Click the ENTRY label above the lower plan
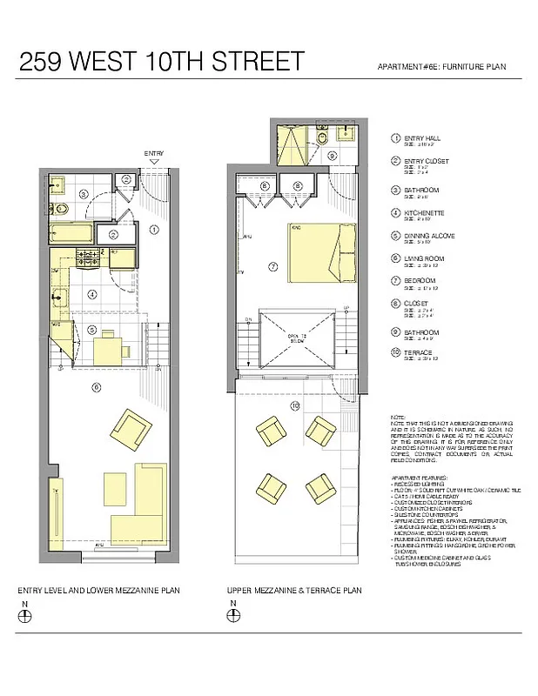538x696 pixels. click(153, 153)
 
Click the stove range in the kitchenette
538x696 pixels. click(90, 258)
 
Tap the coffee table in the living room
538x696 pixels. click(115, 484)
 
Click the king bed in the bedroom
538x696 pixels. click(319, 252)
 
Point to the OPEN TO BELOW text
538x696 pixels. click(299, 338)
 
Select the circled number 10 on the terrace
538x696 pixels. click(295, 405)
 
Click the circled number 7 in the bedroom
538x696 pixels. click(272, 266)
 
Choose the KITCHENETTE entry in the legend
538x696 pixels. click(423, 211)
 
